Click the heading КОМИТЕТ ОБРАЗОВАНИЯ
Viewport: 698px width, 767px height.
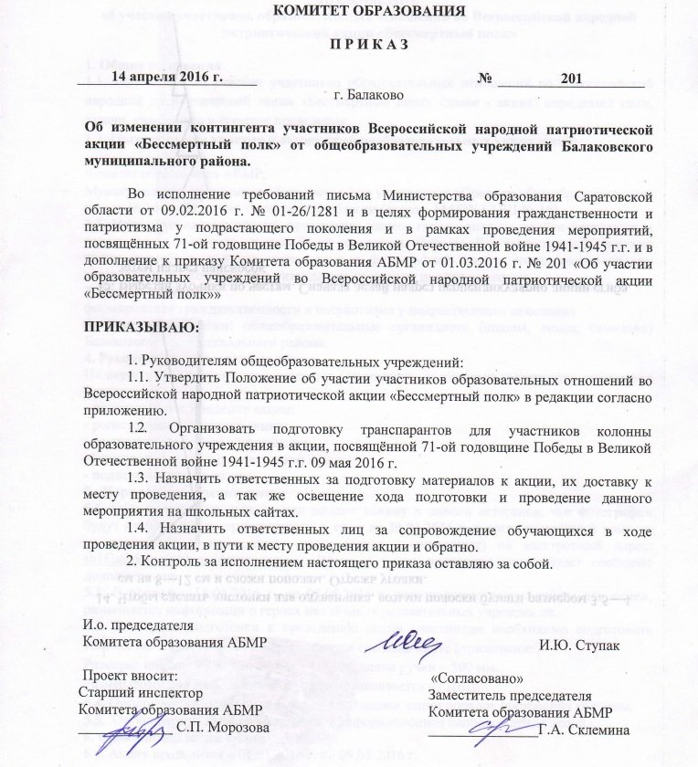375,12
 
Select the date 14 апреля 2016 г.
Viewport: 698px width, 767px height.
174,77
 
